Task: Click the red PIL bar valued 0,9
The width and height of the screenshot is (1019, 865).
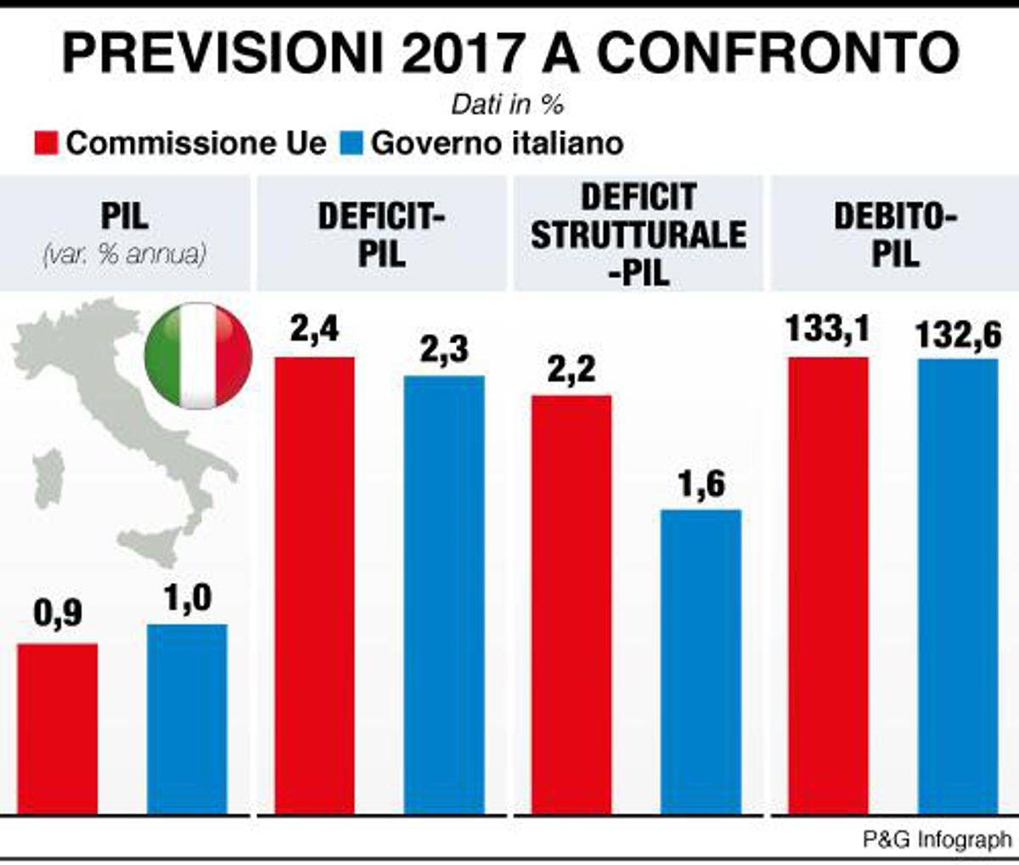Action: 58,728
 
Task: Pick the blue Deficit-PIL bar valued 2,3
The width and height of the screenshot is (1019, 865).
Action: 444,594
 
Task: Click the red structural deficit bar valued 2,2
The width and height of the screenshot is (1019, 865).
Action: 571,604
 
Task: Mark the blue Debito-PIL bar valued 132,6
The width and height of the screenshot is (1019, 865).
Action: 959,586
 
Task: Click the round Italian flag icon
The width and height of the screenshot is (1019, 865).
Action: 199,355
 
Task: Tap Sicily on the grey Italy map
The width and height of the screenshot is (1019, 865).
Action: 151,541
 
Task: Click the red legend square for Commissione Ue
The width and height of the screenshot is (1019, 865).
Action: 47,143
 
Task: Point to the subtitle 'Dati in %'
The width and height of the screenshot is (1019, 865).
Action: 508,105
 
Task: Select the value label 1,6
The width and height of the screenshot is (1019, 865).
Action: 701,484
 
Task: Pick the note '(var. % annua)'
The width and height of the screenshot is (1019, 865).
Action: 124,254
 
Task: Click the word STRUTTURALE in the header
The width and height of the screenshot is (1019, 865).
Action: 639,235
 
